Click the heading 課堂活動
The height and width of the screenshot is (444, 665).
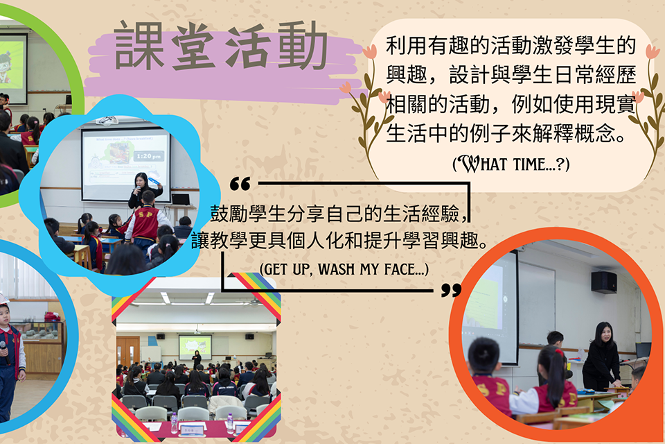(x=220, y=46)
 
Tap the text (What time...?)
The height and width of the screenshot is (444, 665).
(x=511, y=164)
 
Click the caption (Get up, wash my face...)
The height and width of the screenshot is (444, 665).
(x=344, y=269)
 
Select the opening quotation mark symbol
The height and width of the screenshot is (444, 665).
(x=240, y=184)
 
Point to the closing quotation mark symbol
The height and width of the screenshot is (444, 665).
(x=451, y=290)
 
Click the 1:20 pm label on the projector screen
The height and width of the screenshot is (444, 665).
(x=148, y=156)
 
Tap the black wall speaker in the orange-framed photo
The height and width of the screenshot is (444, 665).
(x=604, y=282)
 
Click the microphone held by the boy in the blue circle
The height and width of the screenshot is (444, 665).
(x=5, y=351)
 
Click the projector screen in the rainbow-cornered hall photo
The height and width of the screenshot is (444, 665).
(x=195, y=346)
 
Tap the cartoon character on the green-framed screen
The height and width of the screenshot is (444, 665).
(x=5, y=68)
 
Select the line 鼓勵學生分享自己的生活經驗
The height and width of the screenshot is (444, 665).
(x=335, y=213)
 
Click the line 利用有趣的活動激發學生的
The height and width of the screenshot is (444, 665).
(x=511, y=46)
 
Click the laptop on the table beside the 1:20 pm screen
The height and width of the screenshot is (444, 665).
(x=181, y=199)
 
